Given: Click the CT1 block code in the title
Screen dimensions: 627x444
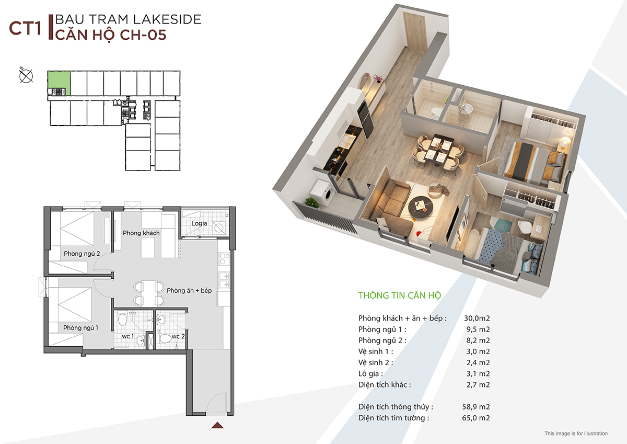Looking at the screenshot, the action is pyautogui.click(x=25, y=29).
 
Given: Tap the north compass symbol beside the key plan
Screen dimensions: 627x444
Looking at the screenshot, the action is pyautogui.click(x=26, y=76).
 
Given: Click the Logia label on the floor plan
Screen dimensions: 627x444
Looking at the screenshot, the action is pyautogui.click(x=199, y=223).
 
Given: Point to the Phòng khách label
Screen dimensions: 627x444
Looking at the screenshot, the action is pyautogui.click(x=141, y=233).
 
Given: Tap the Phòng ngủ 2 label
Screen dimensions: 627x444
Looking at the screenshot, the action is pyautogui.click(x=82, y=254).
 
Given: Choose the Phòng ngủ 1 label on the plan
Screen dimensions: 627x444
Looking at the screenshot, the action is pyautogui.click(x=80, y=328).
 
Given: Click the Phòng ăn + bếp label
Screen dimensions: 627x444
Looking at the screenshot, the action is pyautogui.click(x=189, y=291).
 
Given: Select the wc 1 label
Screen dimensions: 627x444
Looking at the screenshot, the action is pyautogui.click(x=128, y=336).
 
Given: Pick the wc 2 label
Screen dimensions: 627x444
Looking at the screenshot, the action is pyautogui.click(x=178, y=336).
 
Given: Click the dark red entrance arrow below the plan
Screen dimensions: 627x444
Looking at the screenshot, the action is pyautogui.click(x=217, y=425).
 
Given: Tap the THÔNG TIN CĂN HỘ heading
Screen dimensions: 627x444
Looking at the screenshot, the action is pyautogui.click(x=400, y=295).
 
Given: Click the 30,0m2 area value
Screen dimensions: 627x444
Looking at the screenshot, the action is pyautogui.click(x=477, y=318).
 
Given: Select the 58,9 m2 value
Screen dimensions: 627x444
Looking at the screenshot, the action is pyautogui.click(x=476, y=407).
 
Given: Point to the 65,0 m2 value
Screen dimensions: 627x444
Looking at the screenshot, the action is pyautogui.click(x=476, y=418).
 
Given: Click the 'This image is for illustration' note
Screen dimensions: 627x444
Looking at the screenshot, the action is pyautogui.click(x=576, y=434).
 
